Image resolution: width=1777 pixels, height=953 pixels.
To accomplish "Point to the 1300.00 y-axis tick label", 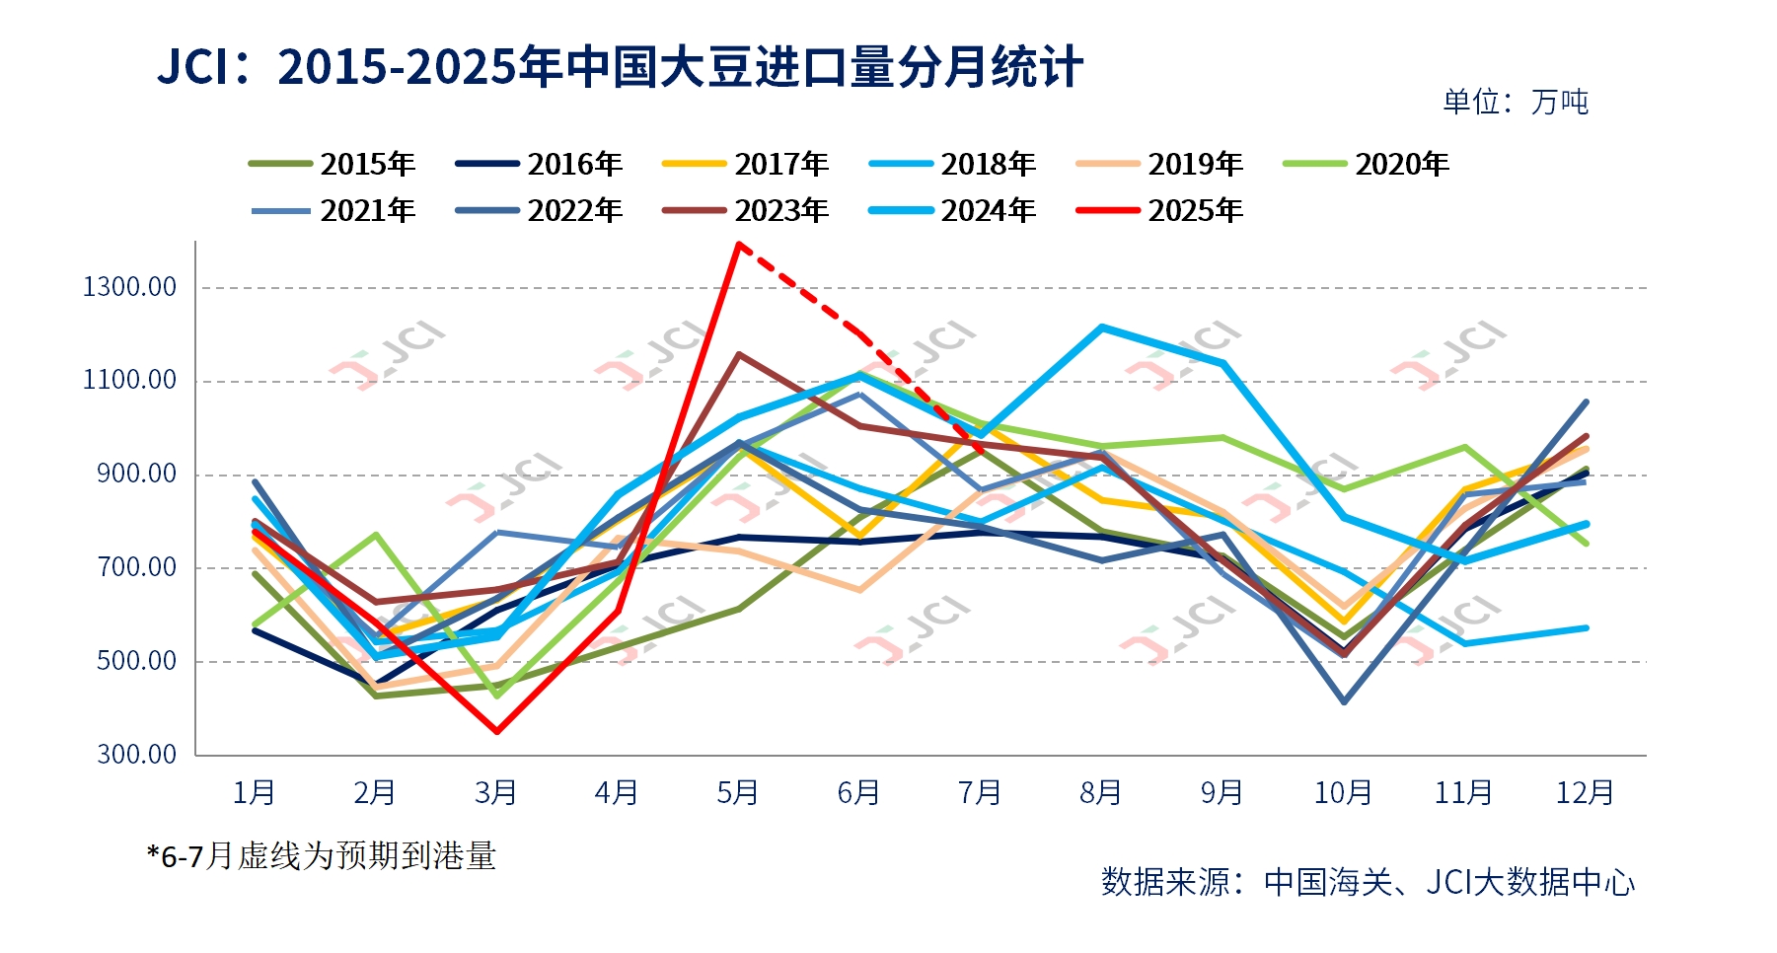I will (x=129, y=287).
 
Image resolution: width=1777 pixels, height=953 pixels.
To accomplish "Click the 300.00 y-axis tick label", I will (x=136, y=755).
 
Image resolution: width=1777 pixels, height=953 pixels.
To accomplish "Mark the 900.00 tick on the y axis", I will (x=136, y=475).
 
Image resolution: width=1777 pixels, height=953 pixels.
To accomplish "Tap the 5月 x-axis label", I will (x=737, y=792).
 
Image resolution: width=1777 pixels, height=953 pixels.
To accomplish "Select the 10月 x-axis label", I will (x=1343, y=792).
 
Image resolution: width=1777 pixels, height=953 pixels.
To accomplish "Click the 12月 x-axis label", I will (x=1585, y=792).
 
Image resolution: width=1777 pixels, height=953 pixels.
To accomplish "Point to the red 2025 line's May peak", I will (x=738, y=243).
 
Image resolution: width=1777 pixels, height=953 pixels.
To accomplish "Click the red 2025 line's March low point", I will (x=496, y=731).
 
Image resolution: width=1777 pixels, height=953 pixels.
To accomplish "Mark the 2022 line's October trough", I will (x=1344, y=701).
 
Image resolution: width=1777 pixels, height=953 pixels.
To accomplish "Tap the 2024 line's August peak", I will (x=1101, y=328).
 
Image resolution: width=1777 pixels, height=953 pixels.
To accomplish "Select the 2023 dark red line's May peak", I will (x=739, y=354).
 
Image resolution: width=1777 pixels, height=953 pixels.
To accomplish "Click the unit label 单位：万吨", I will (x=1516, y=102).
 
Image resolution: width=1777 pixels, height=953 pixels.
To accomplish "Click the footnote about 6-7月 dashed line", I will (x=322, y=855).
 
